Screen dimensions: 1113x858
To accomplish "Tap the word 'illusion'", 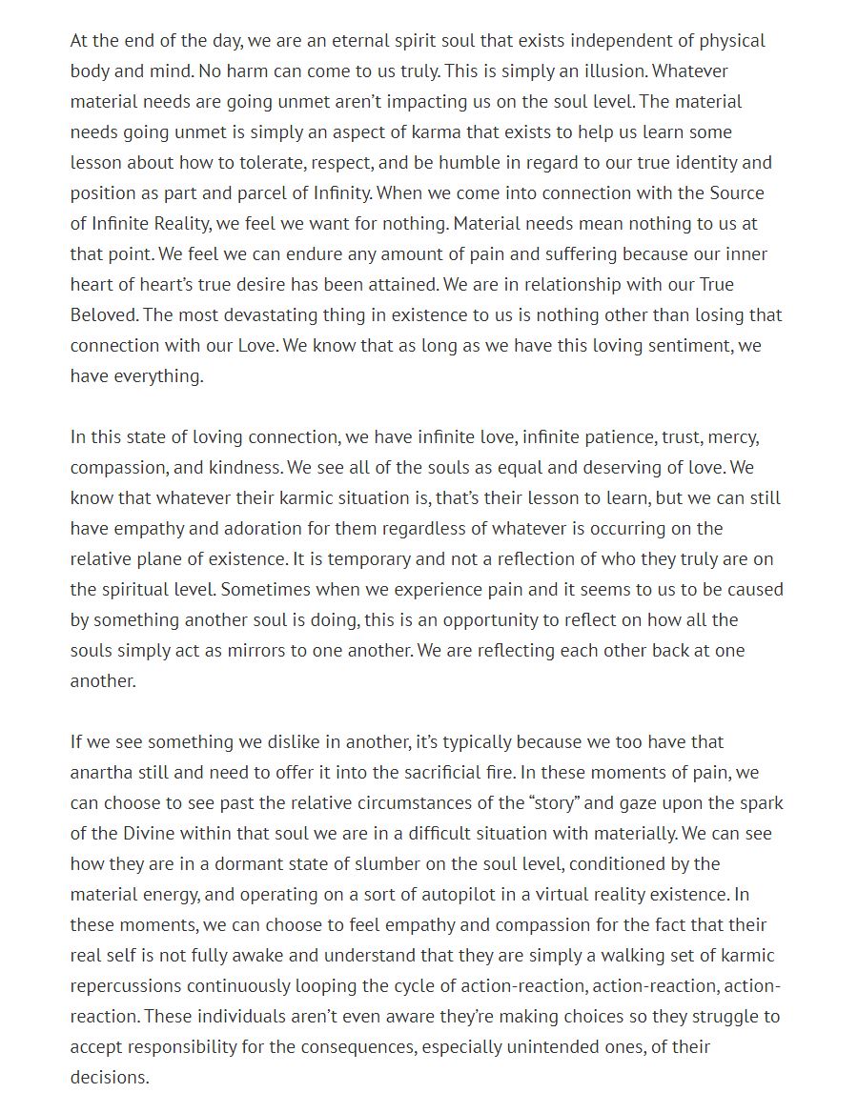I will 613,71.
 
